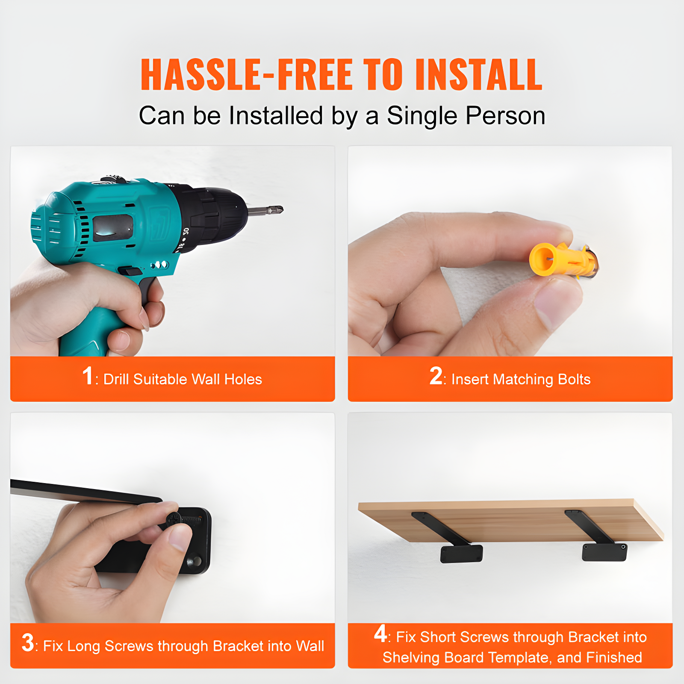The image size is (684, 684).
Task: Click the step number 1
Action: [x=88, y=376]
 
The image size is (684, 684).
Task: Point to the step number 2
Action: [x=436, y=376]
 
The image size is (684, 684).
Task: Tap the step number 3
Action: [x=28, y=643]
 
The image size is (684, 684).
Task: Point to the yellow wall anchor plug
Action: [x=563, y=259]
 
